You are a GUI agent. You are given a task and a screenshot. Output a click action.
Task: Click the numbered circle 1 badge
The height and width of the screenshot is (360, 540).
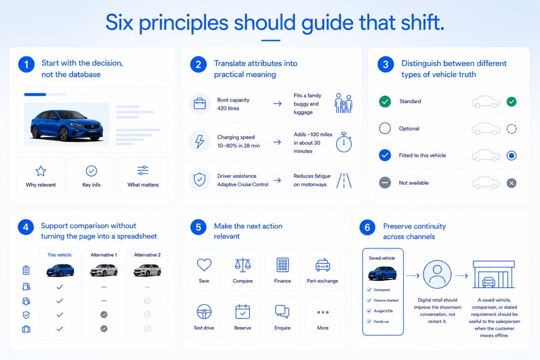(26, 64)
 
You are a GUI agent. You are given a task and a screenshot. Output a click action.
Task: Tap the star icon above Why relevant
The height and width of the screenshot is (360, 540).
(40, 171)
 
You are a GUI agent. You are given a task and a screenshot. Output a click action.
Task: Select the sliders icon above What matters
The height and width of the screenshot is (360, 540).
(143, 171)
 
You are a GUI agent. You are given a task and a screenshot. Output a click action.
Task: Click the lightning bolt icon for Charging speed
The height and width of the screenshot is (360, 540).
(200, 141)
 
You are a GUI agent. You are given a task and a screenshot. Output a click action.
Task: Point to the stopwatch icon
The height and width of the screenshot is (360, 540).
(344, 142)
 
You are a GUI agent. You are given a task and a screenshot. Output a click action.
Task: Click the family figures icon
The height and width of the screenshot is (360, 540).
(343, 103)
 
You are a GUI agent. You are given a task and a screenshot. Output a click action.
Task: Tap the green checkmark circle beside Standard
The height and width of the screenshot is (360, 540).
(385, 101)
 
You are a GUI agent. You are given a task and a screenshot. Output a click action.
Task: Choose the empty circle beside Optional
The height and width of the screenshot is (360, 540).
(385, 129)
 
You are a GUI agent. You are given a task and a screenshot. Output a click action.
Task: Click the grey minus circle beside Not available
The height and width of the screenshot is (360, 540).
(385, 183)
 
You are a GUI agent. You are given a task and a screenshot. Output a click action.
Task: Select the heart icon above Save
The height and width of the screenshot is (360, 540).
(204, 265)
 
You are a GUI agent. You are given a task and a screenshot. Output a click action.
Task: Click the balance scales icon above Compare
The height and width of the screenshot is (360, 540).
(242, 265)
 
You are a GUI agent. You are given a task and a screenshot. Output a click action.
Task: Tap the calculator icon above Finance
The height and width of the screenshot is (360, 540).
(283, 265)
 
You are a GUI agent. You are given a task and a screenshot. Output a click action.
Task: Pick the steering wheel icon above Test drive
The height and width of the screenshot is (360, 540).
(204, 312)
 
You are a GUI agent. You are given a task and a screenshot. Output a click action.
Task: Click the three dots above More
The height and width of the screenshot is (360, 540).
(323, 312)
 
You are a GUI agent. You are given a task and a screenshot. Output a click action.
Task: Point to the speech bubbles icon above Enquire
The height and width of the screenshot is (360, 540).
(282, 311)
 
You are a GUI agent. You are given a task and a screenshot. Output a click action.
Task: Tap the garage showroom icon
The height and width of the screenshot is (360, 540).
(493, 274)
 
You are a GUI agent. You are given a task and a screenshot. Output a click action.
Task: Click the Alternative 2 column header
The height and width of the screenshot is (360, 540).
(147, 255)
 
